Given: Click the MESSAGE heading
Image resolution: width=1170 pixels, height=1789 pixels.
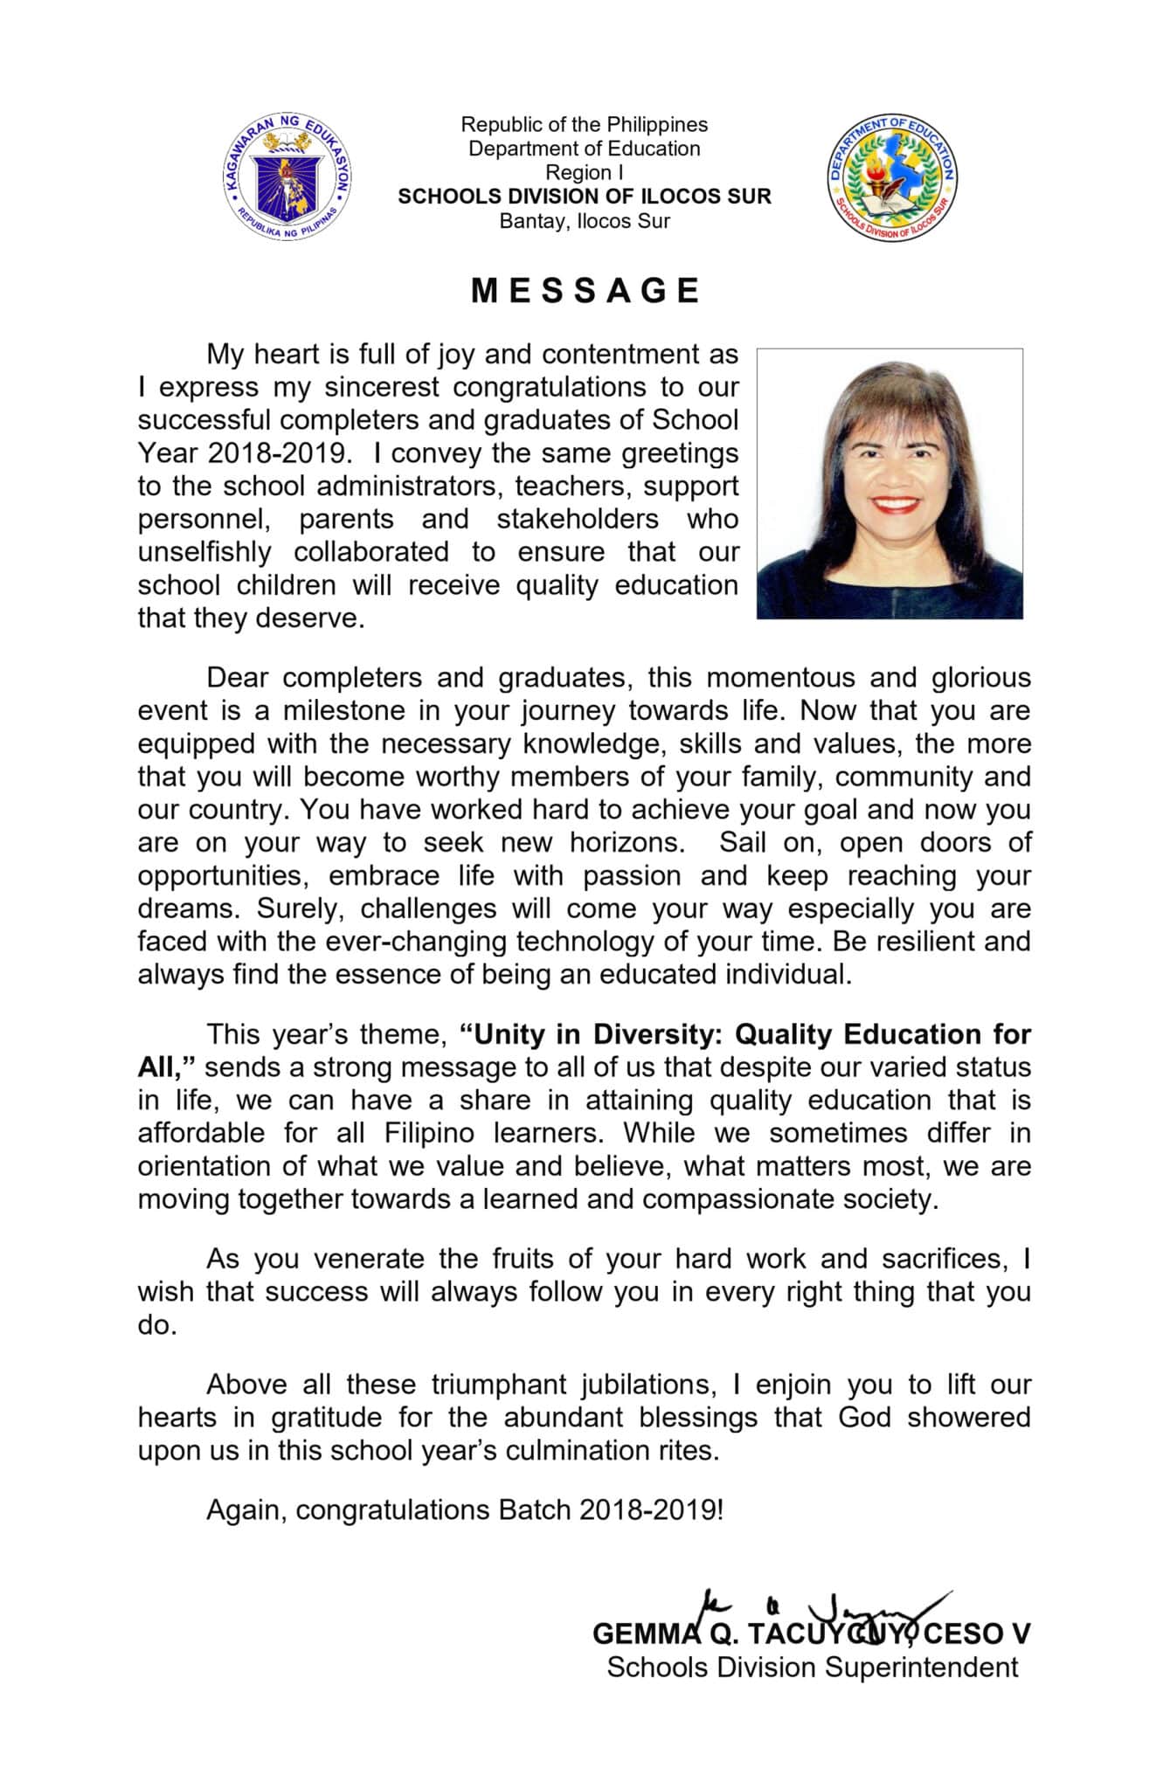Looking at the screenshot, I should (x=585, y=291).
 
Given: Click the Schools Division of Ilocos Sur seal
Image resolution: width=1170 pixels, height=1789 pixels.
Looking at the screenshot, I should (x=891, y=177).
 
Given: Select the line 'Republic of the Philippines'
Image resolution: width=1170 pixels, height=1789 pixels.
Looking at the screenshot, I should (x=584, y=125).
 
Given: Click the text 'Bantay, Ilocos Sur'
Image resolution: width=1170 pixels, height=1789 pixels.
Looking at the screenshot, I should (x=584, y=221).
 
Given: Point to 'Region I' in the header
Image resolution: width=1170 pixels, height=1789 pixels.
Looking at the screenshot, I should (x=584, y=173).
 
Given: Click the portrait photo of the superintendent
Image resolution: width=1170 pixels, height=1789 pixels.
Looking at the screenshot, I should (x=889, y=483).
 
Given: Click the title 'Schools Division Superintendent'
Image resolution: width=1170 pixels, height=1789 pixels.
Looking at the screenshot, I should (x=812, y=1668).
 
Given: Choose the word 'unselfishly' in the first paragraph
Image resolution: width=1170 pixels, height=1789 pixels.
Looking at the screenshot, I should (x=204, y=553).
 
